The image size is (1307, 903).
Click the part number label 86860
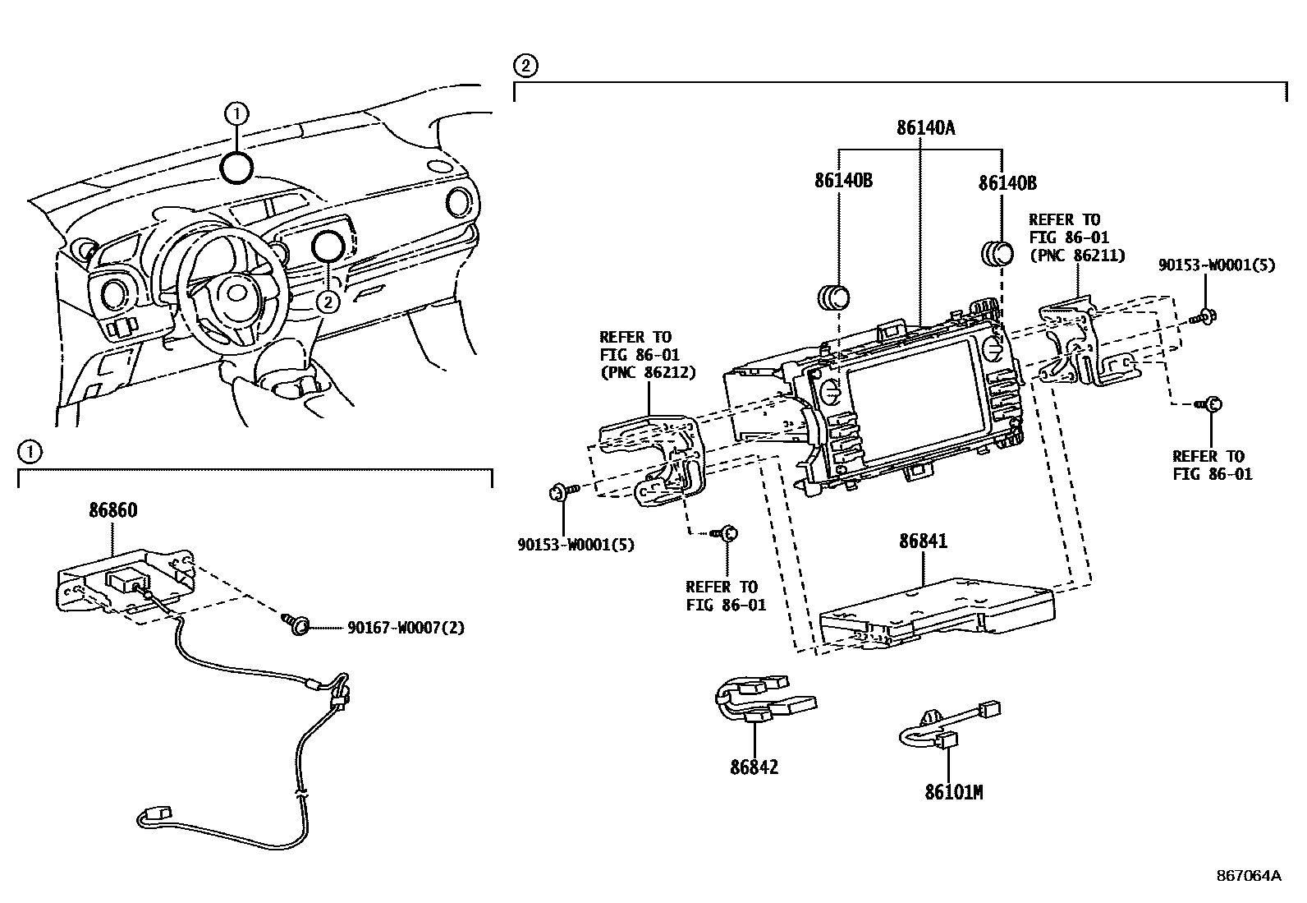[x=112, y=510]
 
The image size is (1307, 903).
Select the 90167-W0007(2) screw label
[x=406, y=628]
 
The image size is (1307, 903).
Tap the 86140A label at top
[x=926, y=128]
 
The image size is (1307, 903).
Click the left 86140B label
[x=843, y=181]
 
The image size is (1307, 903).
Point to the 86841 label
[x=923, y=541]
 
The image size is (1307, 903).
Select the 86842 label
[x=754, y=767]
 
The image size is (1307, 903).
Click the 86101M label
[x=953, y=793]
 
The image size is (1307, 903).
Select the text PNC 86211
[x=1076, y=256]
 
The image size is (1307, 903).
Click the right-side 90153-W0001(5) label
[x=1217, y=265]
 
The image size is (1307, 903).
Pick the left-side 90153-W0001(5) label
[x=576, y=544]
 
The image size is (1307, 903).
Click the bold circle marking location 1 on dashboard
[x=236, y=167]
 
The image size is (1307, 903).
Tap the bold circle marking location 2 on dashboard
[x=328, y=246]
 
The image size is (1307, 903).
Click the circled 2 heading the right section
[x=525, y=66]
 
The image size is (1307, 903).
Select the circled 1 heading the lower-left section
[x=29, y=451]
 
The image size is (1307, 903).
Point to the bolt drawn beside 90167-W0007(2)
[x=297, y=626]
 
